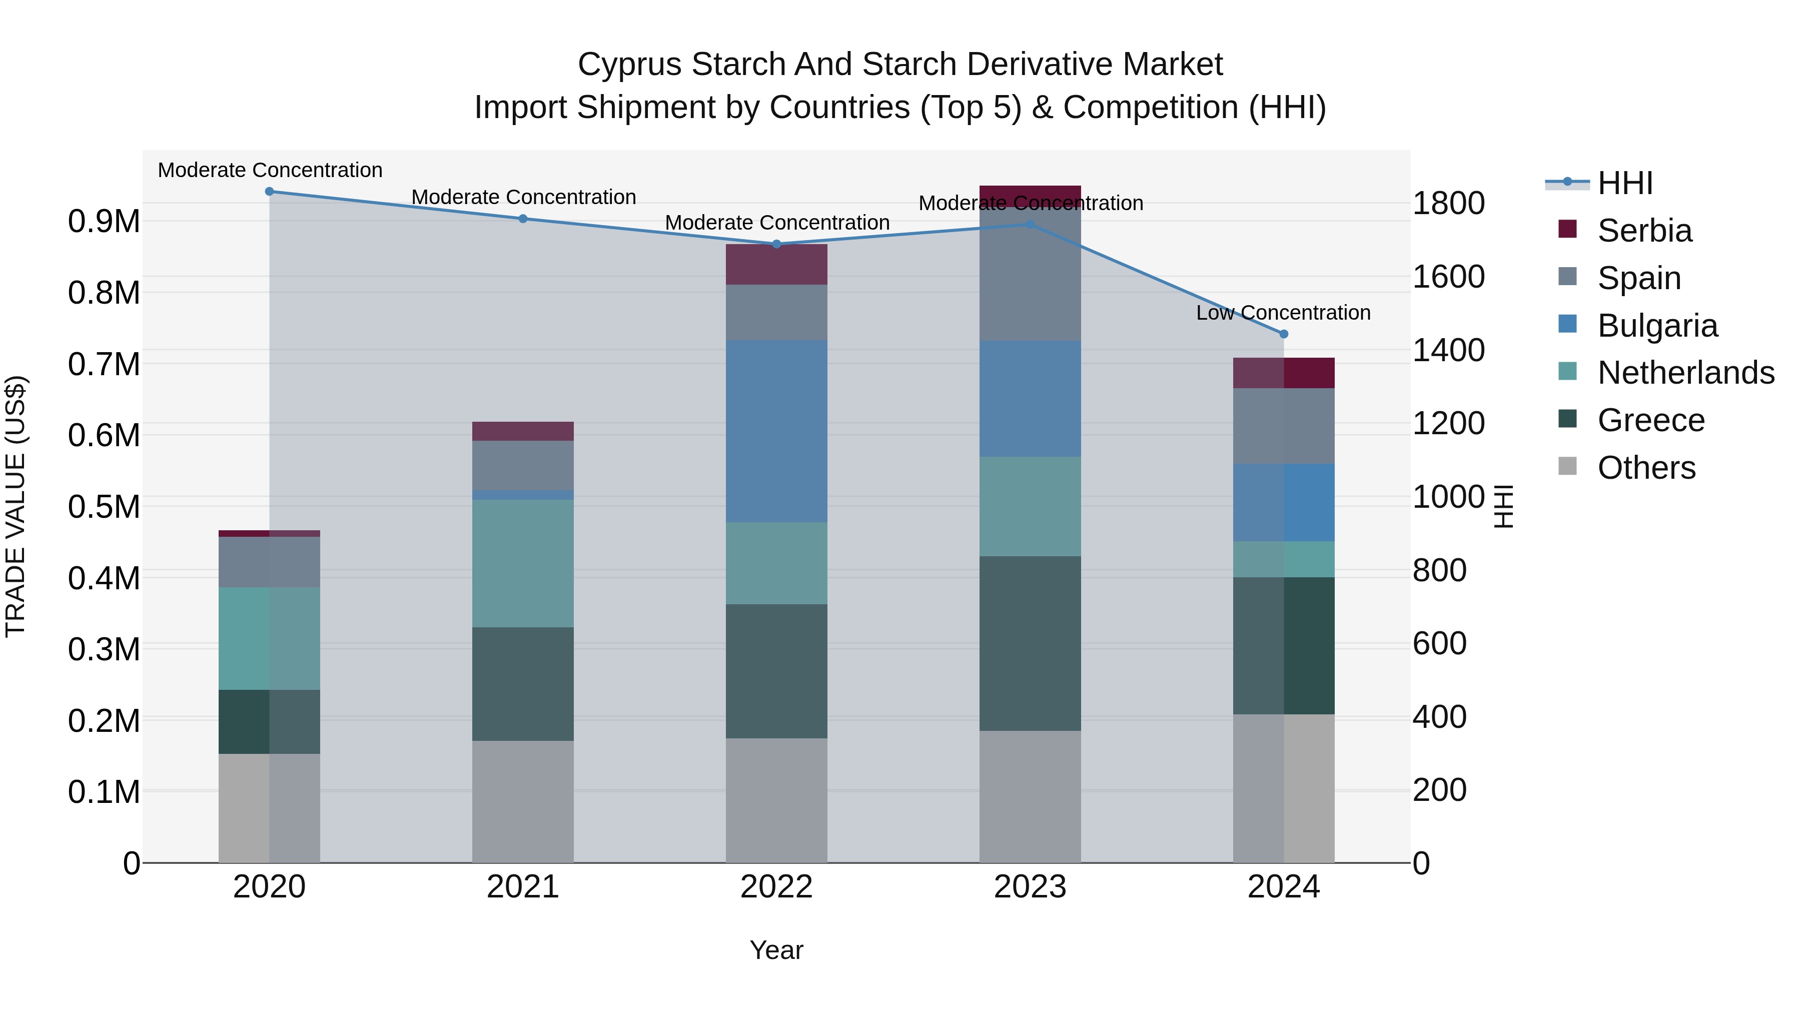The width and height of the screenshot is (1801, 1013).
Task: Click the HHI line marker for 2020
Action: point(269,192)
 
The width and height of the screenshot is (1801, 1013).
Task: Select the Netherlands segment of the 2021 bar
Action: point(522,563)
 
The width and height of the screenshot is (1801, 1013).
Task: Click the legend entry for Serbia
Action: point(1644,231)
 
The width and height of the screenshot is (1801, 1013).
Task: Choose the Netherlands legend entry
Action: point(1685,373)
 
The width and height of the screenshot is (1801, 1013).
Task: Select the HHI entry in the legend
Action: point(1625,183)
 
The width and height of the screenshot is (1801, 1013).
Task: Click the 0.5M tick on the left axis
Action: point(104,507)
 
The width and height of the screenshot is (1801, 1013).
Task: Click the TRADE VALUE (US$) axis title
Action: point(16,506)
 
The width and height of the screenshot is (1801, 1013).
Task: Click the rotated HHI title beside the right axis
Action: point(1503,506)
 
